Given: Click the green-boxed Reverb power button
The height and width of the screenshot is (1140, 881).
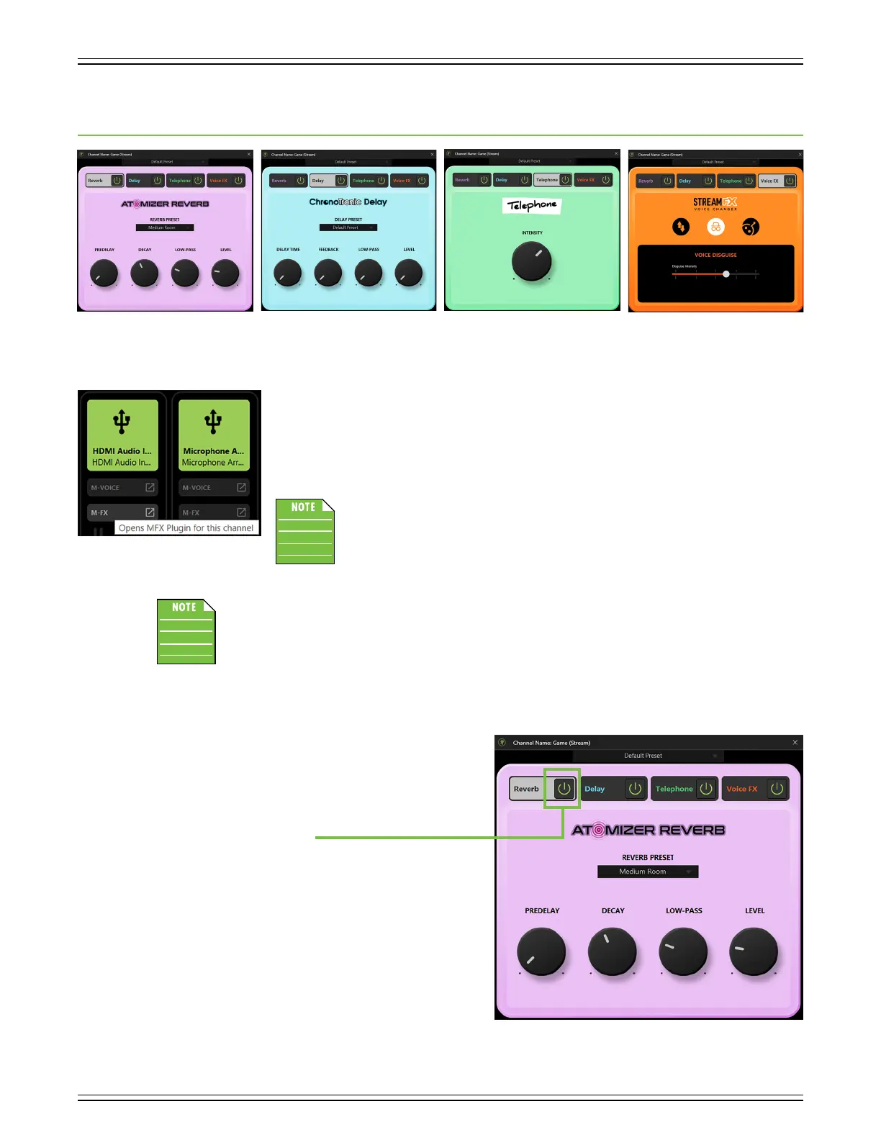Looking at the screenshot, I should click(564, 789).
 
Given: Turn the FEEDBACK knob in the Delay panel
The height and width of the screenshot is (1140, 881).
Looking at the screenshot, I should click(328, 273).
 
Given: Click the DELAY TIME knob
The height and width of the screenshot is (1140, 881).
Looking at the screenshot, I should click(288, 273).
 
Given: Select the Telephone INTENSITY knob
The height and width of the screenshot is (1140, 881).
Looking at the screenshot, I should click(532, 261).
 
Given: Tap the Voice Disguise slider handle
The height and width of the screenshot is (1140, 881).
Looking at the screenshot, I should click(726, 274).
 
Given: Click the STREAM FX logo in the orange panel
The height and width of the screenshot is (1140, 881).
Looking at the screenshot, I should click(715, 204).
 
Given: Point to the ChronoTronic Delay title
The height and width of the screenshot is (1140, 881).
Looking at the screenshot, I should click(348, 202).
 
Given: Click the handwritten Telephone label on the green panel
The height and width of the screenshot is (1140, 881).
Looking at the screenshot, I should click(532, 205).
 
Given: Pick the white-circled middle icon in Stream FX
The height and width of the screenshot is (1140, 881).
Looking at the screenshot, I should click(715, 227).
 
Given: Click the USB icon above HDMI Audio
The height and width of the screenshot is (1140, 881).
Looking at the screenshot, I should click(122, 421).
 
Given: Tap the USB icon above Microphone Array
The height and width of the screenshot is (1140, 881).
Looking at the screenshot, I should click(213, 421).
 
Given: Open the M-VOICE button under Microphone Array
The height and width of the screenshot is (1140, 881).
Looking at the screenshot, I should click(214, 488).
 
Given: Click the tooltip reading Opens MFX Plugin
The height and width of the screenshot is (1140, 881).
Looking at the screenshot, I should click(186, 528).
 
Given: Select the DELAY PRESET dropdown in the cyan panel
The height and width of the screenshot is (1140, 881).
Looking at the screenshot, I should click(348, 227).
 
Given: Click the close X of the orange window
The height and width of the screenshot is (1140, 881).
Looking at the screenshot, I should click(800, 155).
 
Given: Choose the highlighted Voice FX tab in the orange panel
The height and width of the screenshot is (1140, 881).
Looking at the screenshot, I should click(770, 181).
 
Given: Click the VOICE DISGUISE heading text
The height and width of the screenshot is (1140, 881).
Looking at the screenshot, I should click(715, 255).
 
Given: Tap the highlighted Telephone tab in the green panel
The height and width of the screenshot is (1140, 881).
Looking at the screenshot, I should click(547, 180).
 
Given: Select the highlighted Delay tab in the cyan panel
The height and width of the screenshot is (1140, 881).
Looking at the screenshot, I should click(319, 181).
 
